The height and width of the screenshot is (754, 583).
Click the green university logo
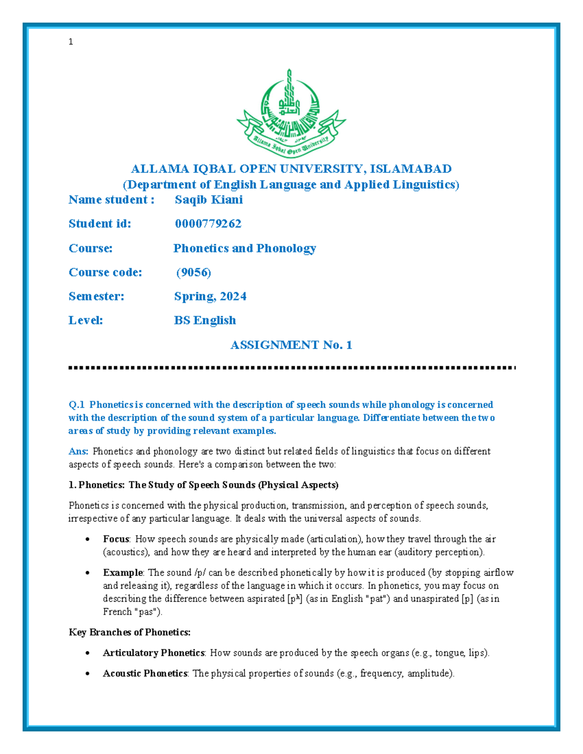pyautogui.click(x=291, y=113)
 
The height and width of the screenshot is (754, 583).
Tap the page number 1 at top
pyautogui.click(x=71, y=42)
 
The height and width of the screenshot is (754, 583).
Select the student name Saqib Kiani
pyautogui.click(x=208, y=200)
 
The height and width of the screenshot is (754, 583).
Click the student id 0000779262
pyautogui.click(x=208, y=223)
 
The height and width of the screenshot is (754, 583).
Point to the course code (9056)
pyautogui.click(x=193, y=272)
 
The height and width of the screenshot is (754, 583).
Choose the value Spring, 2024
pyautogui.click(x=210, y=296)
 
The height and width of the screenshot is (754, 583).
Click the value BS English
pyautogui.click(x=205, y=320)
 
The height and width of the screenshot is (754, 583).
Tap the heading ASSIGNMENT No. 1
pyautogui.click(x=291, y=345)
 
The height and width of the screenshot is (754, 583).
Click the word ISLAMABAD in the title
pyautogui.click(x=411, y=168)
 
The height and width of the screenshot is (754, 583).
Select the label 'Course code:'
pyautogui.click(x=105, y=272)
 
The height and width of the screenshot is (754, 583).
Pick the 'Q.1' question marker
pyautogui.click(x=77, y=404)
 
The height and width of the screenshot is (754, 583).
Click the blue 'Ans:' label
pyautogui.click(x=78, y=451)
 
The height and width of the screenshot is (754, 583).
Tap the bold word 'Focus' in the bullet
pyautogui.click(x=116, y=539)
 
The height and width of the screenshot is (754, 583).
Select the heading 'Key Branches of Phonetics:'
pyautogui.click(x=129, y=632)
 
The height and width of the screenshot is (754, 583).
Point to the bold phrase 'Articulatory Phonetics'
pyautogui.click(x=153, y=653)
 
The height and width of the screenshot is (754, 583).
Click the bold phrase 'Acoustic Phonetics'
pyautogui.click(x=145, y=673)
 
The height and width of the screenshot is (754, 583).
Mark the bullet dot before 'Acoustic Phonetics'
pyautogui.click(x=87, y=674)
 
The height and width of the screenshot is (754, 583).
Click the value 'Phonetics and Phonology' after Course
pyautogui.click(x=244, y=248)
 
